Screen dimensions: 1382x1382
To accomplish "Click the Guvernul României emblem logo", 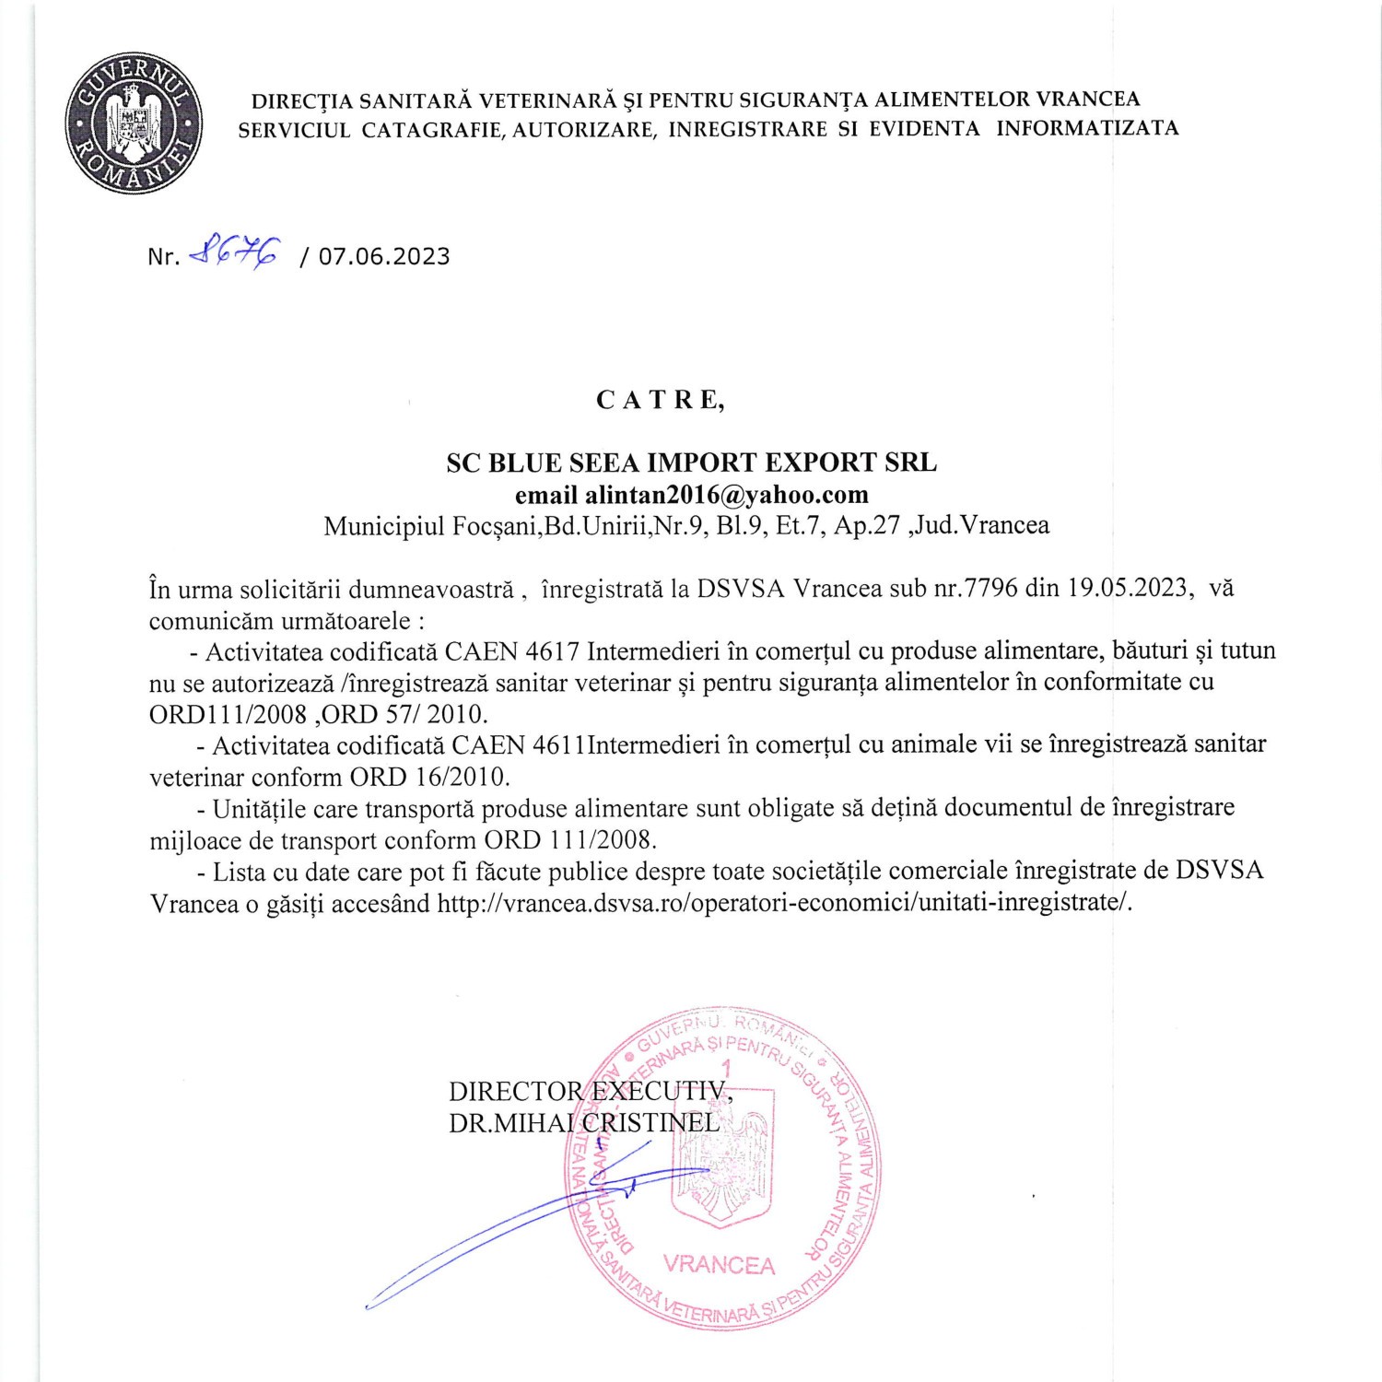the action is pos(134,123).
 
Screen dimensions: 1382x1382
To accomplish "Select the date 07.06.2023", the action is pos(384,256).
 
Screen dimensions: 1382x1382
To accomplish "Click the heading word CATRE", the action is pos(660,400).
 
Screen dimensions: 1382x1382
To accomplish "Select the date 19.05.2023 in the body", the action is pos(1128,588).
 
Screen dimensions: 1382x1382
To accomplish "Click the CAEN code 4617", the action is pos(552,651).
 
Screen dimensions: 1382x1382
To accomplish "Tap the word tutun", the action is pos(1248,650).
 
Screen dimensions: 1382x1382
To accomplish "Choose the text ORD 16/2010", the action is pos(428,777).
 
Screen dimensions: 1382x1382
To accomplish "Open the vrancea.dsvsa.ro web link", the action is pos(784,903).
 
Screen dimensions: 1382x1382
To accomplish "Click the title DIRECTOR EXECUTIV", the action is pos(590,1092).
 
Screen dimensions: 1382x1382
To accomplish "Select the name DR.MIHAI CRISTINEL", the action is pos(584,1123).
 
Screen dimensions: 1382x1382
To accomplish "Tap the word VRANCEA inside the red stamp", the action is pos(719,1265).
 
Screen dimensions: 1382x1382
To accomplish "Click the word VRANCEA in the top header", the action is pos(1088,100).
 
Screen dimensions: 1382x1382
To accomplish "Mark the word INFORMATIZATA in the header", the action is pos(1087,129).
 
